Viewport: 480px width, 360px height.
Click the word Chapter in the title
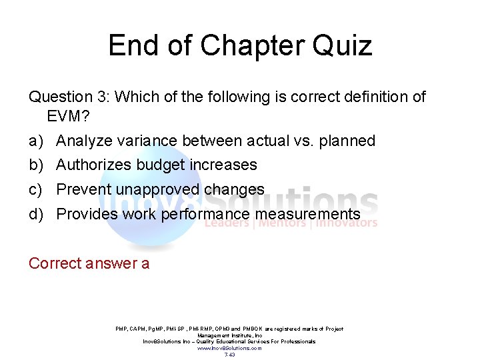[248, 46]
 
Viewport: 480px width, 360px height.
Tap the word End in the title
[132, 46]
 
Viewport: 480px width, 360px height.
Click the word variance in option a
[147, 141]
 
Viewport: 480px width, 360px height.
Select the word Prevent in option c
[83, 190]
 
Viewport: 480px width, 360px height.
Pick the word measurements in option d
[306, 215]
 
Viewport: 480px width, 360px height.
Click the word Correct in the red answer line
[54, 264]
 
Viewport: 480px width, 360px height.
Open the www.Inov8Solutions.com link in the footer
[229, 348]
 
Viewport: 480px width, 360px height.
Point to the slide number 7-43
[229, 355]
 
